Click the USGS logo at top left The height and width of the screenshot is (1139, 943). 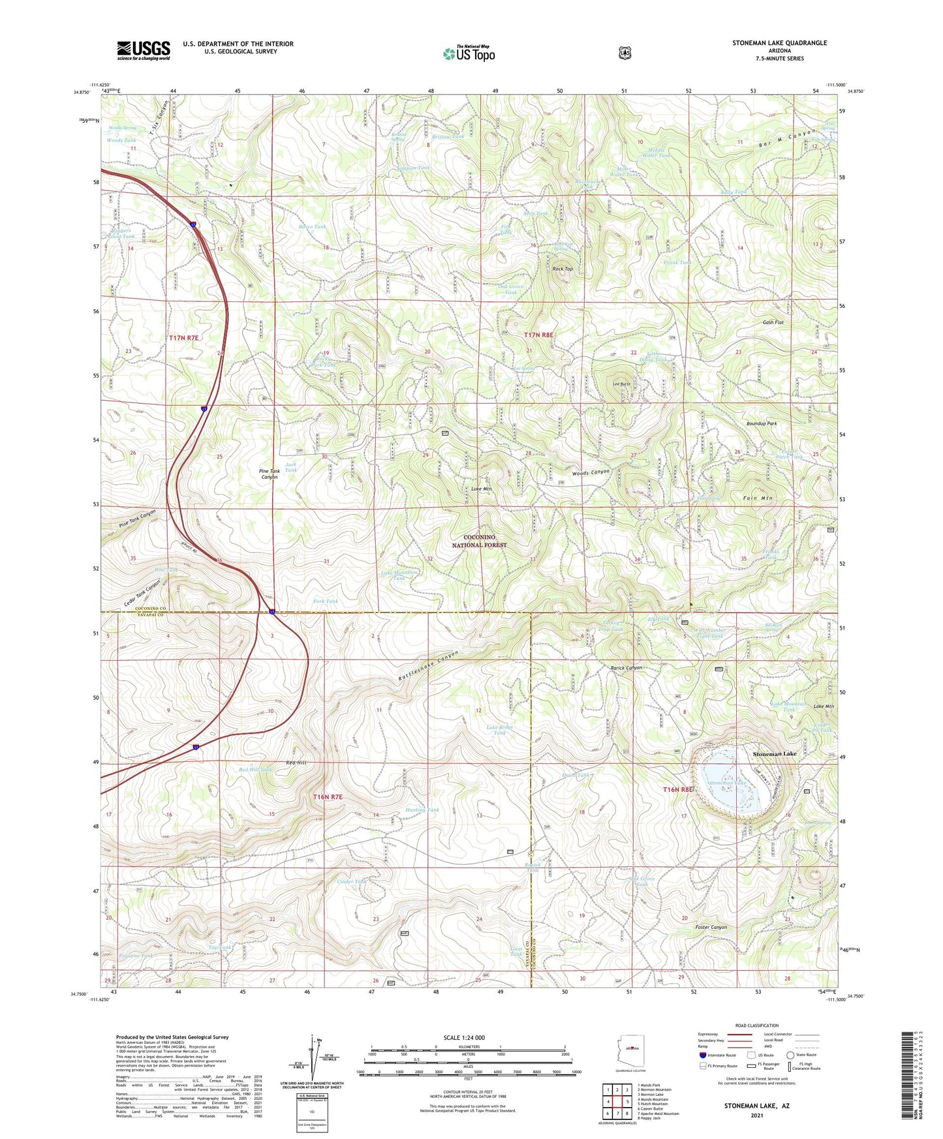pyautogui.click(x=144, y=50)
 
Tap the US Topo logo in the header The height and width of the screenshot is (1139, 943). pyautogui.click(x=469, y=53)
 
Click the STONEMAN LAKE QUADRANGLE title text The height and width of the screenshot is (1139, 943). pyautogui.click(x=779, y=43)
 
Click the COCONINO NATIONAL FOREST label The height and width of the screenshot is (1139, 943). pyautogui.click(x=479, y=541)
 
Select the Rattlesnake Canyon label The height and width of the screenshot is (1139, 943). pyautogui.click(x=429, y=666)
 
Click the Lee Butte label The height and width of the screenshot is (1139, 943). pyautogui.click(x=621, y=384)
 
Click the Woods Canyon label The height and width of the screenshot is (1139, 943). pyautogui.click(x=591, y=472)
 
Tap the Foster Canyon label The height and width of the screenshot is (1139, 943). pyautogui.click(x=711, y=927)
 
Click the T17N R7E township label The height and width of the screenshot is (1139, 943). pyautogui.click(x=183, y=338)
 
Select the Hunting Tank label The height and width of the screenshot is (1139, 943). pyautogui.click(x=422, y=810)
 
